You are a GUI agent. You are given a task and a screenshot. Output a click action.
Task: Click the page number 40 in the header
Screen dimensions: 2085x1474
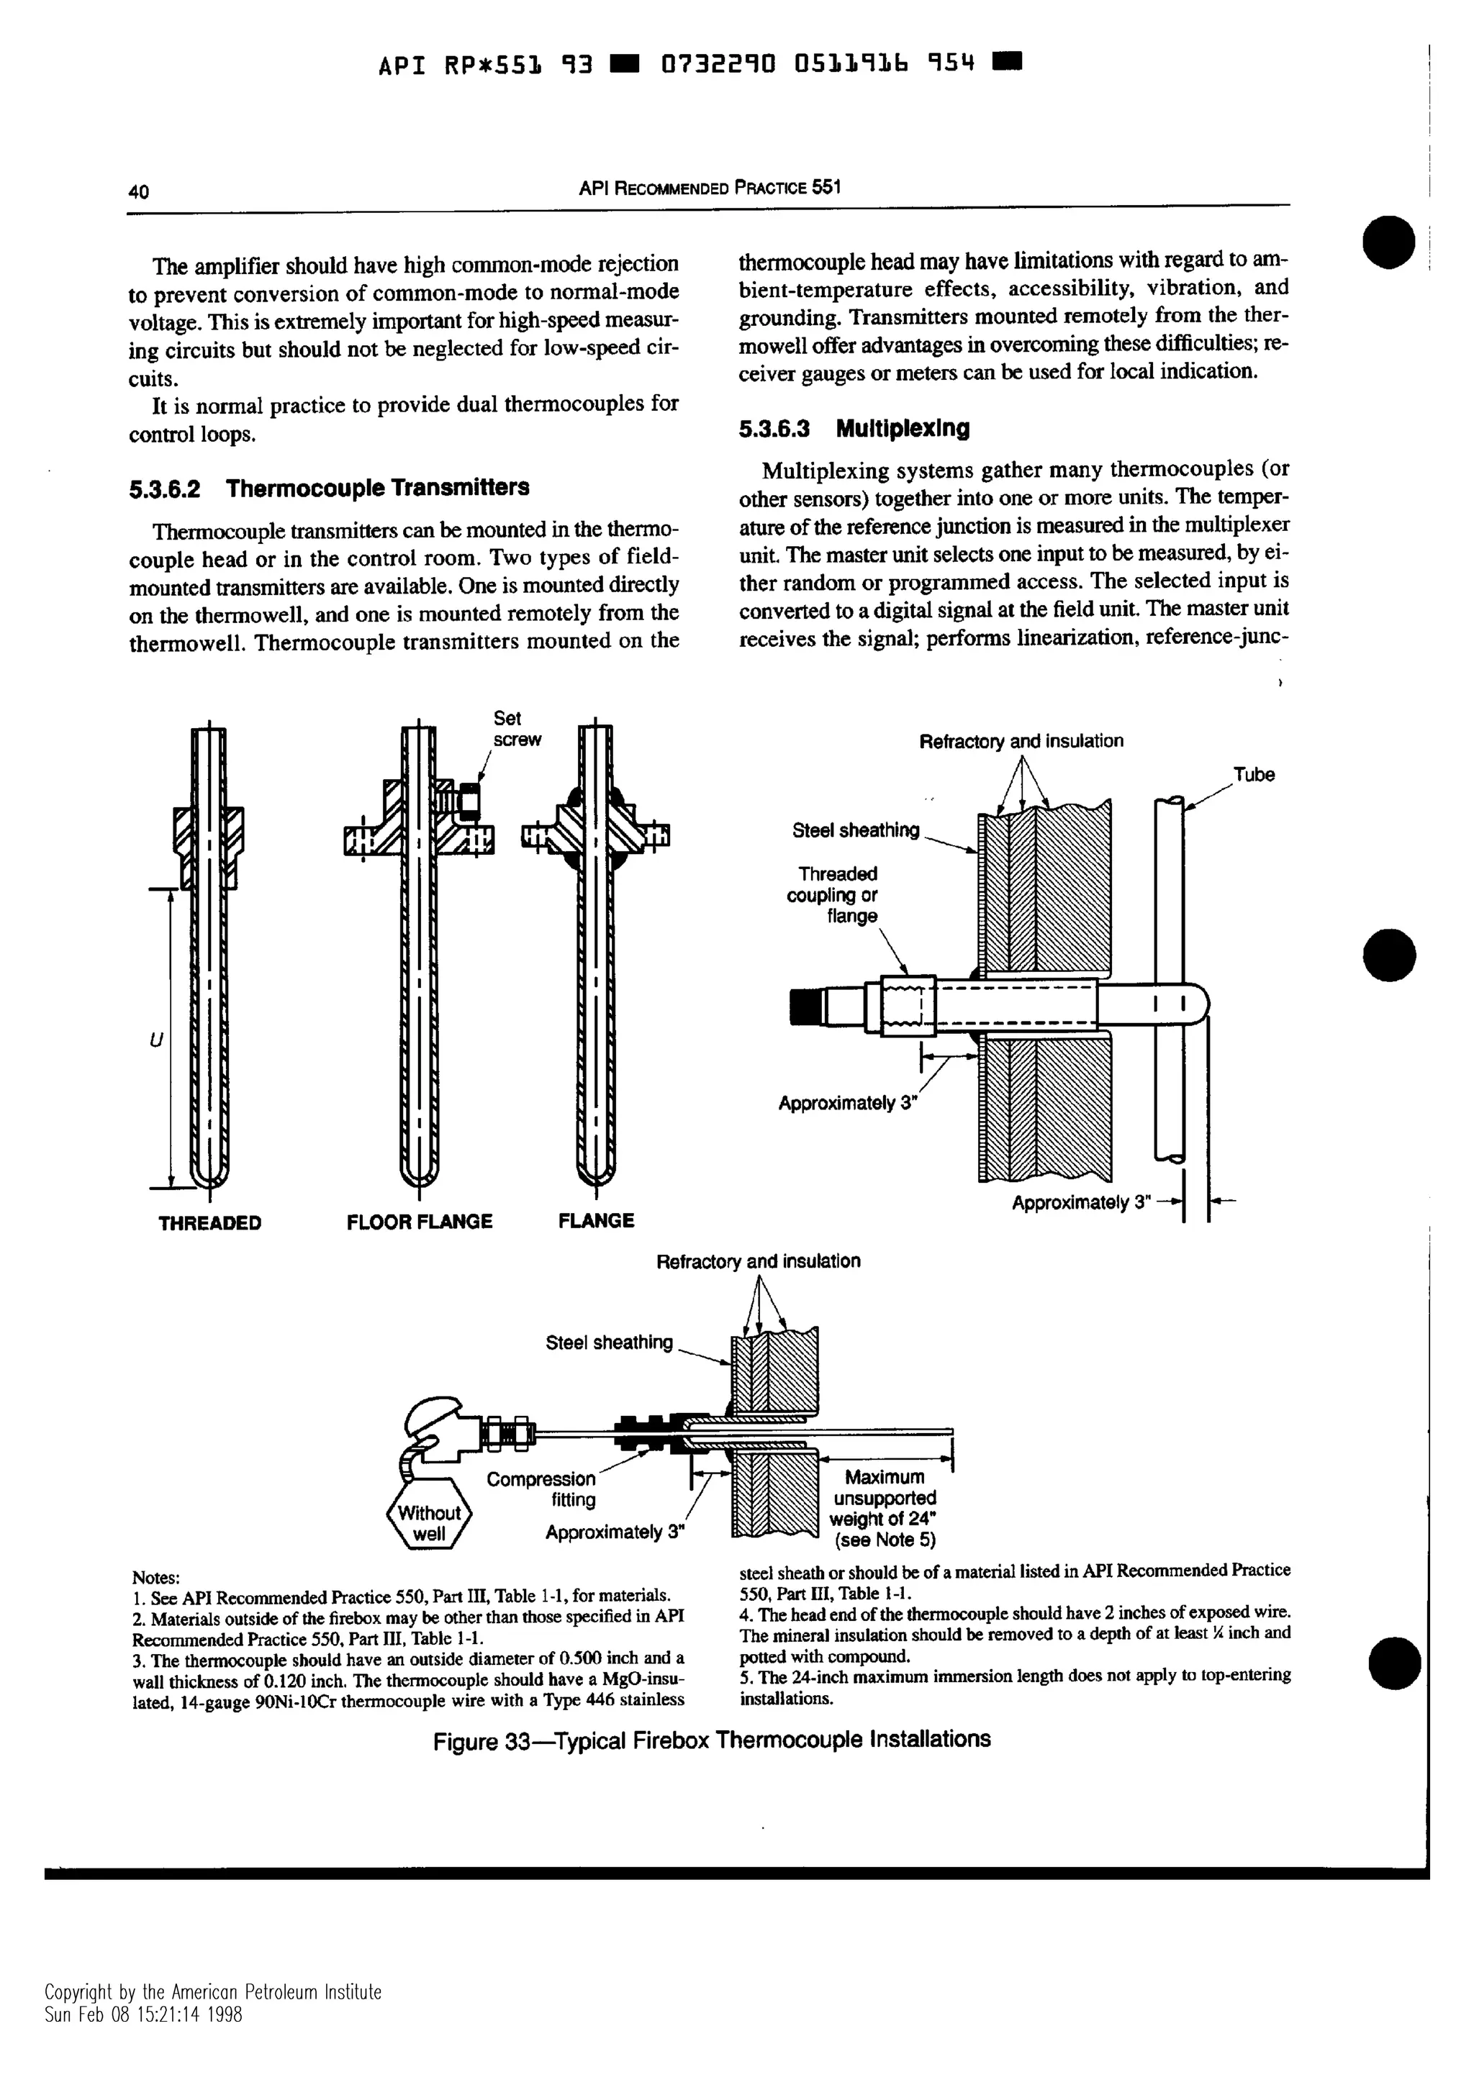pyautogui.click(x=138, y=191)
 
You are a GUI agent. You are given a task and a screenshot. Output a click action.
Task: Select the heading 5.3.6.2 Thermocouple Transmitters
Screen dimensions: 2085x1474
pyautogui.click(x=329, y=489)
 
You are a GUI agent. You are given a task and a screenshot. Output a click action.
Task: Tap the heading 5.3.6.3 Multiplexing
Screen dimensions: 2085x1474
pyautogui.click(x=854, y=429)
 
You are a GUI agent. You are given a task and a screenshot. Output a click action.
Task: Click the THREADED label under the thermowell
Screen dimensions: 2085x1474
pyautogui.click(x=209, y=1223)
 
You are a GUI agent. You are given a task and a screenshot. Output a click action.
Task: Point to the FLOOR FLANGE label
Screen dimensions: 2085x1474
pyautogui.click(x=420, y=1222)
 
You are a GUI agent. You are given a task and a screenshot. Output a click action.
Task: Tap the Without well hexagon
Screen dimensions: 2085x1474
pyautogui.click(x=429, y=1524)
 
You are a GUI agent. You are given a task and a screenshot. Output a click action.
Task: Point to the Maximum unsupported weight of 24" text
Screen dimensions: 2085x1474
pyautogui.click(x=884, y=1507)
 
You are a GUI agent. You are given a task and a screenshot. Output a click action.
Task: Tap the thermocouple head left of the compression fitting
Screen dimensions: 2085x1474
pyautogui.click(x=436, y=1433)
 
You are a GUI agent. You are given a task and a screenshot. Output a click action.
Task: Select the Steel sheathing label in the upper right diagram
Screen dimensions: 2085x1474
pyautogui.click(x=856, y=830)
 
